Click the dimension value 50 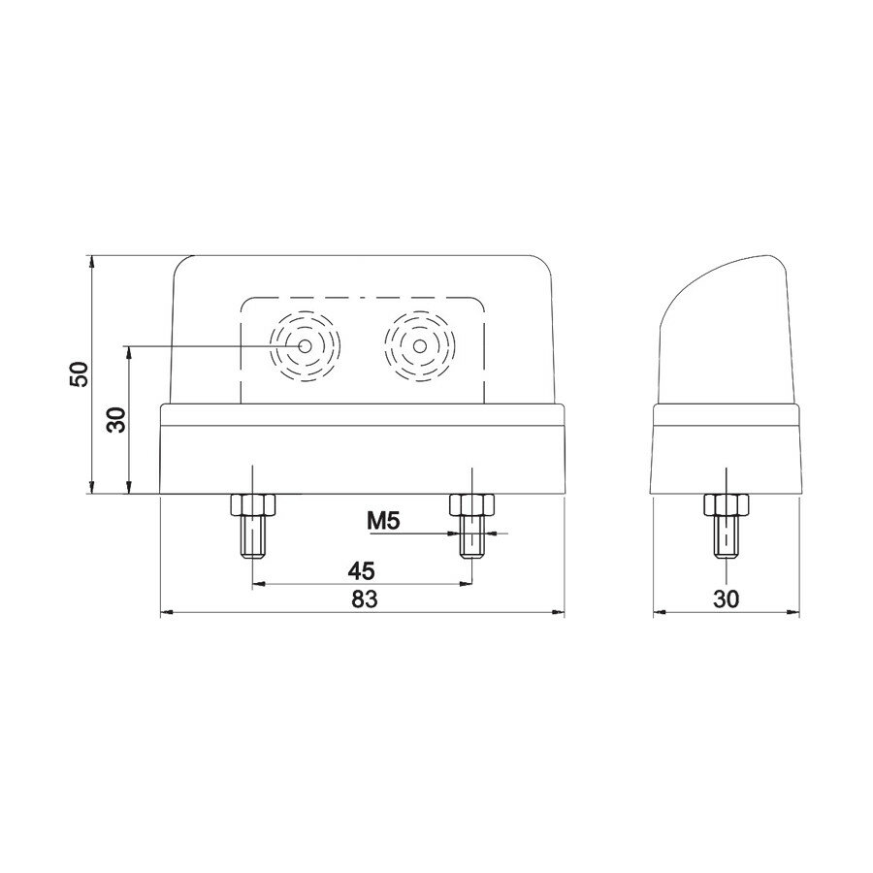pos(81,374)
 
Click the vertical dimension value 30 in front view pos(117,420)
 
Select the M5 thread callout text pos(384,522)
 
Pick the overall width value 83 pos(363,599)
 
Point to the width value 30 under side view pos(725,599)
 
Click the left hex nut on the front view pos(252,504)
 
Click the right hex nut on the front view pos(471,504)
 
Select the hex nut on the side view pos(725,504)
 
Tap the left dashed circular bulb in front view pos(306,346)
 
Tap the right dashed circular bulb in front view pos(419,346)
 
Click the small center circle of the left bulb pos(306,346)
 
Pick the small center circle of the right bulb pos(419,346)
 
